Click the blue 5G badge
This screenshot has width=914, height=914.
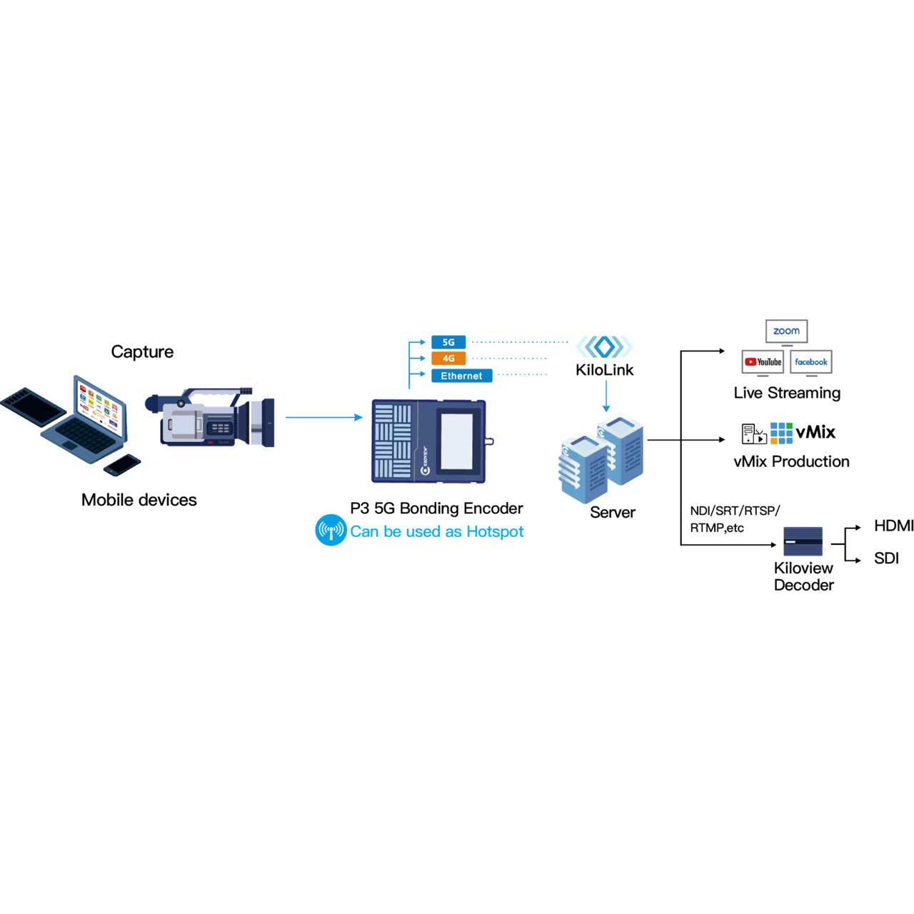pos(448,342)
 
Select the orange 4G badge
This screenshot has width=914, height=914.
pos(448,358)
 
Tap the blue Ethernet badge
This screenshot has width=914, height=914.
pos(461,376)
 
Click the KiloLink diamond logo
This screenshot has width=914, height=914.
pos(604,347)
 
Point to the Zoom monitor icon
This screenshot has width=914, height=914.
pos(786,331)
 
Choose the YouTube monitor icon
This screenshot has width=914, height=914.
pos(763,362)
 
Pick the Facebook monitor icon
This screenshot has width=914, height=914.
pos(811,362)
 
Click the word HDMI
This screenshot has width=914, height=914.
pos(893,526)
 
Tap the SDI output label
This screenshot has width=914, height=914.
pos(886,558)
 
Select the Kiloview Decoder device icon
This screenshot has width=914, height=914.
pos(803,541)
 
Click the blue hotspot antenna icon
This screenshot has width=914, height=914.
pos(331,531)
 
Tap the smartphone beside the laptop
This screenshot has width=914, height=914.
pos(122,465)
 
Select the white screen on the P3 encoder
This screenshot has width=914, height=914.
pos(456,441)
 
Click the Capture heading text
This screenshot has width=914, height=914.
pos(142,352)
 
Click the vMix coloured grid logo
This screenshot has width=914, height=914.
pos(781,433)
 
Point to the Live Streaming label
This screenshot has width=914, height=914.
pos(787,393)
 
